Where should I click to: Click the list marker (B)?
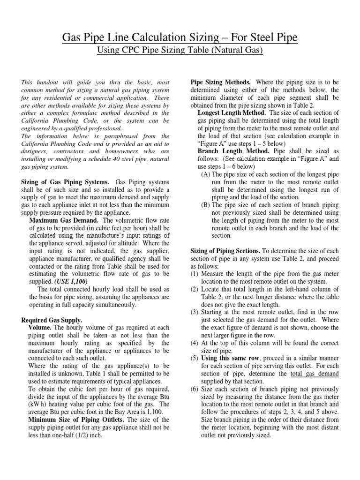pos(205,204)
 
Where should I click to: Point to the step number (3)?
pos(194,312)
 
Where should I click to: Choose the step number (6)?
pos(194,389)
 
